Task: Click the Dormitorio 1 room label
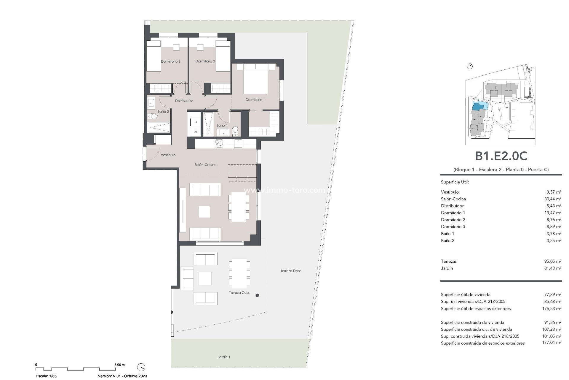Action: click(255, 100)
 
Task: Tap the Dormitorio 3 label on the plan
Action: click(171, 61)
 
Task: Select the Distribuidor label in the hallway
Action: click(184, 101)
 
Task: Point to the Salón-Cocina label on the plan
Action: click(205, 165)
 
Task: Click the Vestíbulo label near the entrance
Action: click(168, 155)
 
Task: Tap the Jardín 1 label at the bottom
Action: click(224, 357)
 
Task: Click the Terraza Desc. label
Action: click(291, 271)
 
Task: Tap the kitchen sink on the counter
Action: click(219, 144)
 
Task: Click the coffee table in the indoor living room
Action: click(204, 212)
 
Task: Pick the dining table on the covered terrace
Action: click(239, 273)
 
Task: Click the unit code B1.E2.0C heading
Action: click(501, 156)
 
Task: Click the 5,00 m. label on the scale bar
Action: click(120, 365)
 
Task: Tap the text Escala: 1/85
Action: click(46, 376)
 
